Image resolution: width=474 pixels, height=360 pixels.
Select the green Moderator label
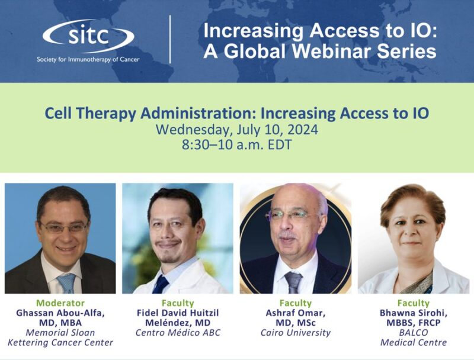click(60, 303)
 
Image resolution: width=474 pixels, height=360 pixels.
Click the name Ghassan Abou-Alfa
click(60, 313)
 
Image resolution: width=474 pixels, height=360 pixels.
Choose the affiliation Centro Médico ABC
click(178, 333)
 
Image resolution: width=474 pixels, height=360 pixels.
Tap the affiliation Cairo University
click(296, 333)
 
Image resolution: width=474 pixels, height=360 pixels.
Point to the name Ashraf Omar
click(296, 313)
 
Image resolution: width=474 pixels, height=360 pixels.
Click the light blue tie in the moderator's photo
click(67, 282)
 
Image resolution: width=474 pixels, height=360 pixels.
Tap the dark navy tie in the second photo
click(161, 284)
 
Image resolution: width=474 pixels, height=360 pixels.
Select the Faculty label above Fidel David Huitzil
click(178, 303)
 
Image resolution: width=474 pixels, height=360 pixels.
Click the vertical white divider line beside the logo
click(170, 39)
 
